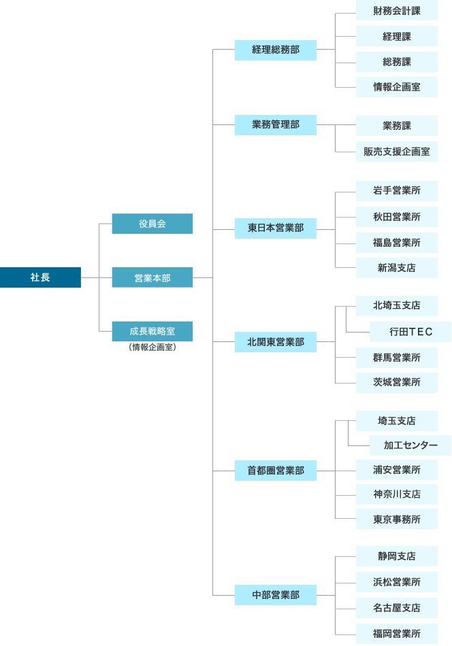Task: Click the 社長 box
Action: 40,277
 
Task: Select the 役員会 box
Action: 152,224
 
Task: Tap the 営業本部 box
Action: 152,277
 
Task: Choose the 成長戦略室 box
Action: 152,331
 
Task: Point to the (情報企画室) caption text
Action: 152,347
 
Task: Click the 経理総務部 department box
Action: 276,50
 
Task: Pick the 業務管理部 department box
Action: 276,125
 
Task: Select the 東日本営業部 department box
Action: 276,228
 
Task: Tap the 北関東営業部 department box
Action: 276,342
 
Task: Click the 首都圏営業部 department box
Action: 276,471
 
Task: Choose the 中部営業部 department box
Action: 276,595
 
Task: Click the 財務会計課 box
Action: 397,10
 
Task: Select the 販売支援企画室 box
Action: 397,152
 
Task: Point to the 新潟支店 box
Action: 397,268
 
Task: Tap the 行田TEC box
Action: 410,332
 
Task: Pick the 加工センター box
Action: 410,445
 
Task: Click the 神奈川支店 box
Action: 397,494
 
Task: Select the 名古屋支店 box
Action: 397,608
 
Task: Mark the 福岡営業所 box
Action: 397,634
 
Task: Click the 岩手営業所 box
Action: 397,191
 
